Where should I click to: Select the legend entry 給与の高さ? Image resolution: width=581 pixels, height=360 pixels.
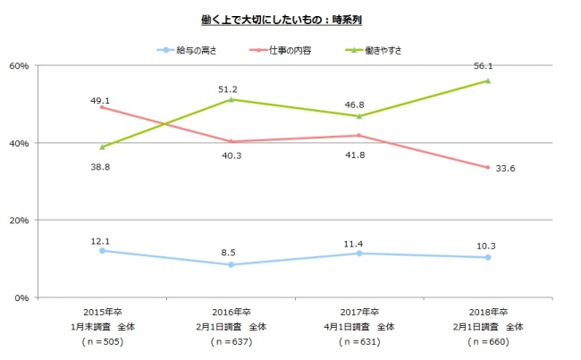(x=192, y=50)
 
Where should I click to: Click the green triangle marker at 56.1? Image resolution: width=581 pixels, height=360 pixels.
(x=487, y=80)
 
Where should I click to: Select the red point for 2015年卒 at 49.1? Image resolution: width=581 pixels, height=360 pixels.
(x=103, y=107)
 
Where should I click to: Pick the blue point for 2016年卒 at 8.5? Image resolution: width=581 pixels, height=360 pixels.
(x=232, y=264)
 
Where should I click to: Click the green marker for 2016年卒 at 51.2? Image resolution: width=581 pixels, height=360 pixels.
(x=232, y=99)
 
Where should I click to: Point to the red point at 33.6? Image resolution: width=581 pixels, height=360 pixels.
(x=487, y=167)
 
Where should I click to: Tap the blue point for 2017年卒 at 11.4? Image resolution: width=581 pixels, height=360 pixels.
(x=359, y=253)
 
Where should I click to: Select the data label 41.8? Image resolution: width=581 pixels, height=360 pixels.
(x=359, y=155)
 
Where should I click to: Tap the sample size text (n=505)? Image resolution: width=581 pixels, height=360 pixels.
(x=104, y=342)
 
